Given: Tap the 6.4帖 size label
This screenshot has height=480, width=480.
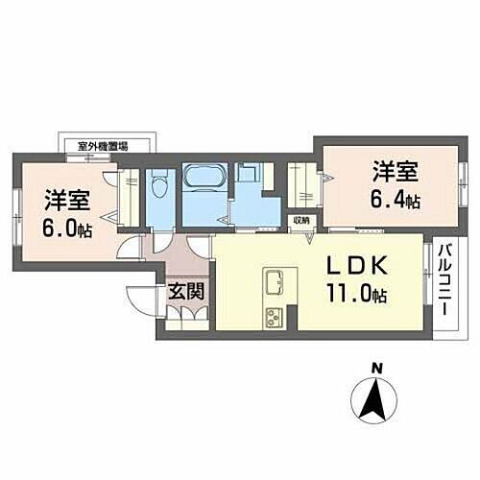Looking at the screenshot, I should coord(396,201).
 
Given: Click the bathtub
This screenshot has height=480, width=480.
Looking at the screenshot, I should coord(202,180).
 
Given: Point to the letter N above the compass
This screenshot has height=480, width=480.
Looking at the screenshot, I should coord(377,367).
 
